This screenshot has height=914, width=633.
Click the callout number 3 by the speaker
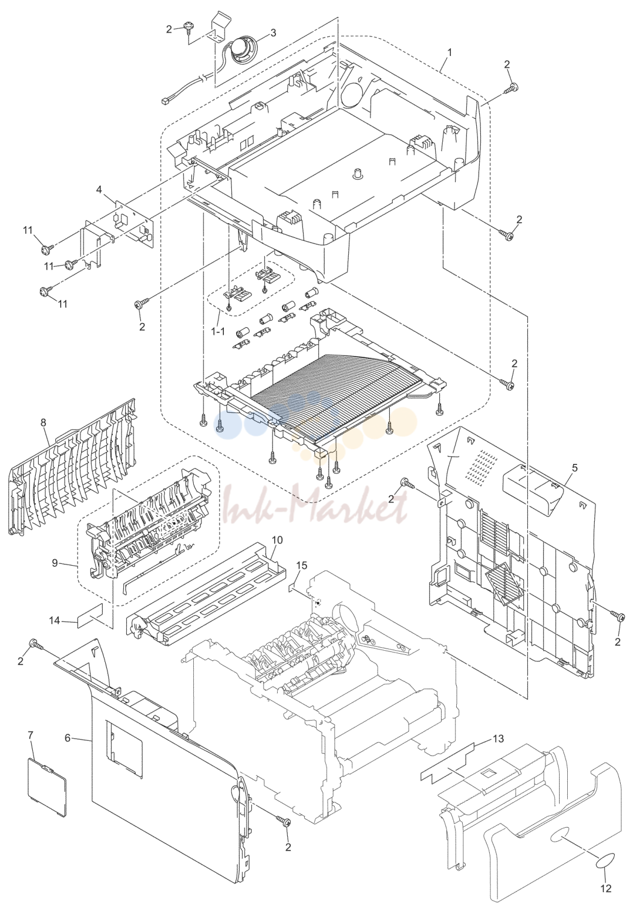click(273, 33)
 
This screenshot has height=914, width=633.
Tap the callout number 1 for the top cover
click(449, 53)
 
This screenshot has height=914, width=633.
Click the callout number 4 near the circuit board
click(99, 189)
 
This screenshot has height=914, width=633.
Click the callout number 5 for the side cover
click(574, 468)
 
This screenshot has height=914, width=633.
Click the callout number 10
click(277, 540)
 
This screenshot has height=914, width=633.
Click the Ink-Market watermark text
click(315, 503)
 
